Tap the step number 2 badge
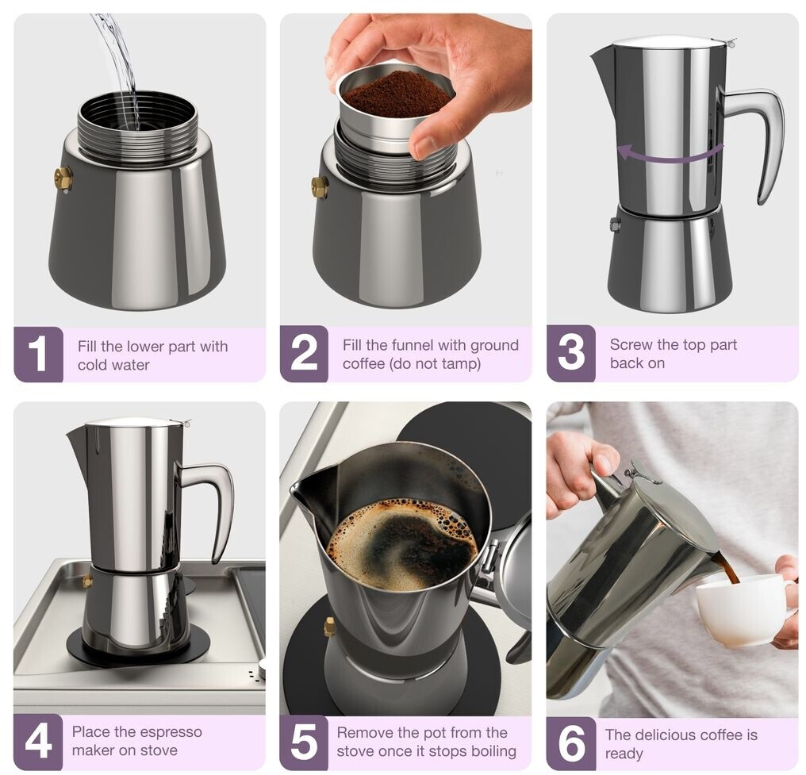point(304,354)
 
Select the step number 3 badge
point(570,354)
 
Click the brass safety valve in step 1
point(65,180)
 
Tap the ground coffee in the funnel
point(396,94)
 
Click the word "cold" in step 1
point(93,365)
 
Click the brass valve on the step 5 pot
point(329,627)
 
